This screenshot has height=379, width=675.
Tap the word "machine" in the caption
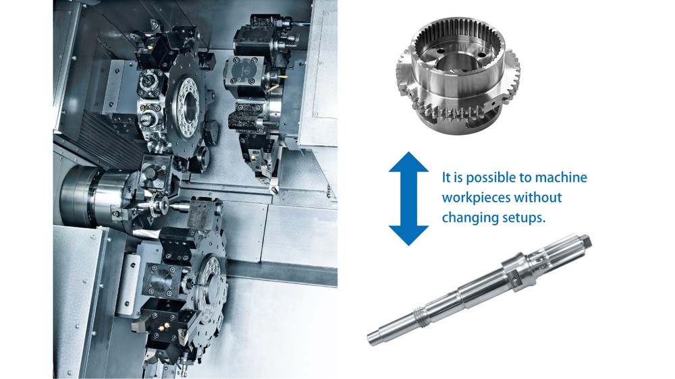561,177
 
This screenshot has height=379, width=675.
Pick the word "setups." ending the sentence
524,218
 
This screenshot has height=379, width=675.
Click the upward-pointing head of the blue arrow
408,162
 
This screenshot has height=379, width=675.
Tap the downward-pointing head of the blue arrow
408,235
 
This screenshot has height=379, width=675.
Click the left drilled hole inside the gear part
441,51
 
